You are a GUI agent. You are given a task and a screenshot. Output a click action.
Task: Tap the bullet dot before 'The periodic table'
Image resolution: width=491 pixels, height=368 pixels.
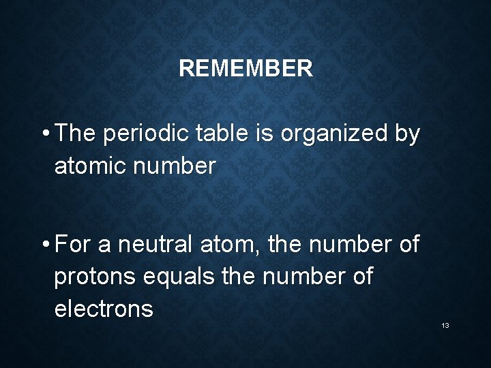pyautogui.click(x=44, y=134)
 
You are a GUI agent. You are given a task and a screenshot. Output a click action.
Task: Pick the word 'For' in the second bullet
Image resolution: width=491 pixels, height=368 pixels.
pyautogui.click(x=73, y=244)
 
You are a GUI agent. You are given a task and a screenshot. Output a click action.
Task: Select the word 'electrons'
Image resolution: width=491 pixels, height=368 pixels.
pyautogui.click(x=104, y=309)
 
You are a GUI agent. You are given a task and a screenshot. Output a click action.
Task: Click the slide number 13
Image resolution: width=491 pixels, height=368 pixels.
pyautogui.click(x=445, y=326)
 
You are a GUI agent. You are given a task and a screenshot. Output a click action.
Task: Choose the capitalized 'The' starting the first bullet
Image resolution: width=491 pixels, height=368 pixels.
pyautogui.click(x=76, y=134)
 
